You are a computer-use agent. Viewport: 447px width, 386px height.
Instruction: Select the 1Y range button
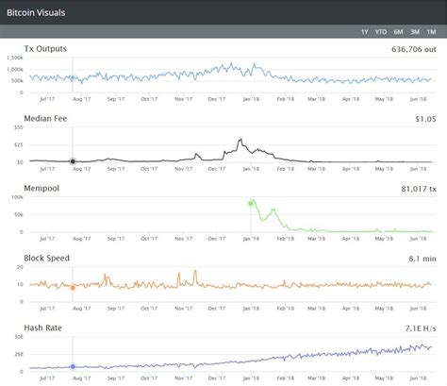tap(365, 31)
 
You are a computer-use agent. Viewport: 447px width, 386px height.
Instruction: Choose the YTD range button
tap(381, 31)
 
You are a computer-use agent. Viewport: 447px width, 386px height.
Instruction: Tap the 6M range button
tap(398, 31)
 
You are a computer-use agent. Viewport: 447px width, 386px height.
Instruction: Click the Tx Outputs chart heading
tap(45, 48)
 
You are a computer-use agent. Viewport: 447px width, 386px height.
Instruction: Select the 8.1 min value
tap(423, 258)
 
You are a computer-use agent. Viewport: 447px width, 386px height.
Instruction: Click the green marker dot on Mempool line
tap(252, 203)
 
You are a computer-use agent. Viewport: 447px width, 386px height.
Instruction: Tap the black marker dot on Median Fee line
tap(73, 160)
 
